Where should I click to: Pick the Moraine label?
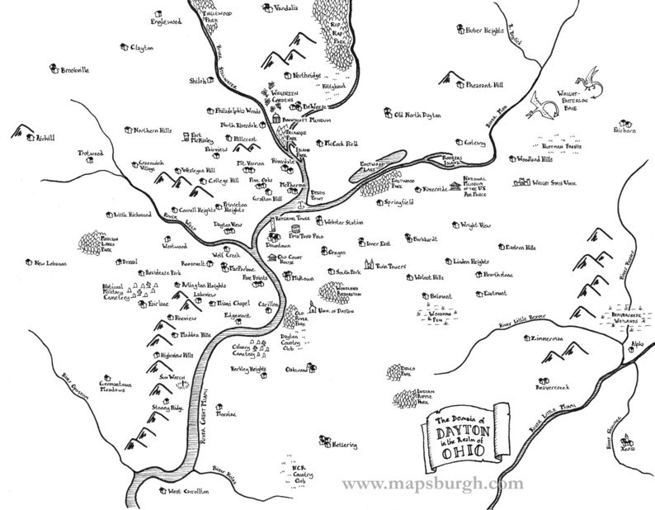click(x=227, y=413)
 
